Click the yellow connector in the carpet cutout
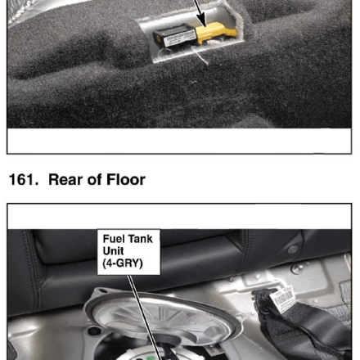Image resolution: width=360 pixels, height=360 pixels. (215, 33)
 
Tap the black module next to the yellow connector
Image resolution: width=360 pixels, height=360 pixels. (174, 36)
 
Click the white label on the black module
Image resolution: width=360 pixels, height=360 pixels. (179, 38)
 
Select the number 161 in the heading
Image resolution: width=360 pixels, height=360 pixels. (24, 180)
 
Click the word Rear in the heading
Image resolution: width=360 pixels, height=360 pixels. (65, 180)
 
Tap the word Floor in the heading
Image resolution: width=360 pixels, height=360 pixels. (126, 180)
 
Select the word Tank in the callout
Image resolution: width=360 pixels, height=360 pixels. (140, 239)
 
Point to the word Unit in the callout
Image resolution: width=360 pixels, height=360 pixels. (113, 251)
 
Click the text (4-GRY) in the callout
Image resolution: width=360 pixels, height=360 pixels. (123, 263)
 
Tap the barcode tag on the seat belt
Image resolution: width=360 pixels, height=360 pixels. (282, 299)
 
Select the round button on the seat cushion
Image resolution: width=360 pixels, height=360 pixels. (292, 250)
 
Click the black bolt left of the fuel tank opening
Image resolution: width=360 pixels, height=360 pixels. (94, 331)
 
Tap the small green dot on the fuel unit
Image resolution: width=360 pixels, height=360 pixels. (149, 358)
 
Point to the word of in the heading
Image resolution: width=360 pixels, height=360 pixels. (95, 180)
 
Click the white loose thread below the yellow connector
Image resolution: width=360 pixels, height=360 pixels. (200, 56)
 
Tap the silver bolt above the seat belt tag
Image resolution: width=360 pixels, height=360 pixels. (295, 269)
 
